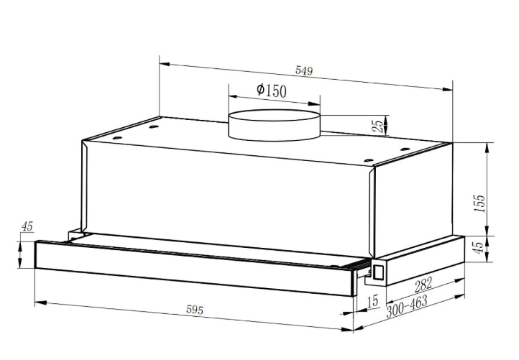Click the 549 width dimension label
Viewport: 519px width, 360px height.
pos(304,70)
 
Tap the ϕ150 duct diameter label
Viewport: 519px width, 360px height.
pos(272,90)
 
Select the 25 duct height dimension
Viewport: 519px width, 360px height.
pos(378,126)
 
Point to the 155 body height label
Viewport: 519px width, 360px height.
pos(479,203)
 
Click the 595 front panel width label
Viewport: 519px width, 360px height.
pos(195,310)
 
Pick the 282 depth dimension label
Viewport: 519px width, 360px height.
pos(423,285)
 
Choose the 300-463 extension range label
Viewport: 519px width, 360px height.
pos(407,306)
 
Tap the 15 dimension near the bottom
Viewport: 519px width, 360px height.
pos(372,301)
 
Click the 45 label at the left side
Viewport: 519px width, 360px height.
pos(27,226)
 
